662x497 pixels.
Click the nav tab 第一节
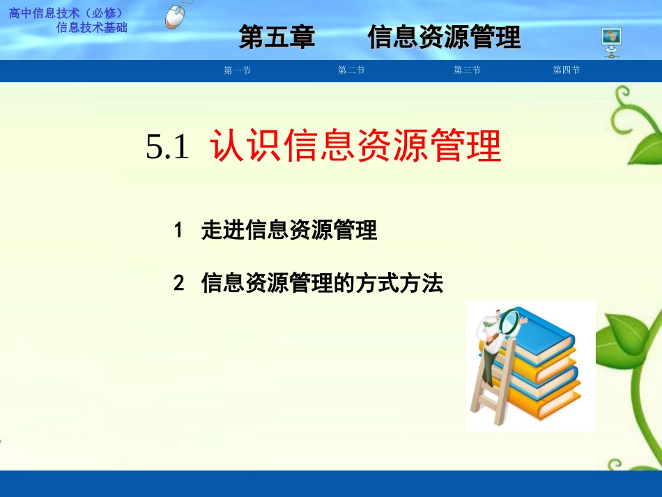tap(237, 70)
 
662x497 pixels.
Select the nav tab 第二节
tap(351, 70)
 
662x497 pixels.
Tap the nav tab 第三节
tap(467, 70)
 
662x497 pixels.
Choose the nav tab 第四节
tap(567, 70)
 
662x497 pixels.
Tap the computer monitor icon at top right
tap(611, 42)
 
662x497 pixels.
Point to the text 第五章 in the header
tap(277, 37)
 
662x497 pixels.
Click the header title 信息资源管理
tap(444, 37)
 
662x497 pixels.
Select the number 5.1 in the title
tap(168, 147)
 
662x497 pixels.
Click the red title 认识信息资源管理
tap(355, 146)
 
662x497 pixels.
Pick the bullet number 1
tap(178, 230)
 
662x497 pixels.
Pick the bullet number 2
tap(178, 284)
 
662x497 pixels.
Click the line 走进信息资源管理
tap(289, 230)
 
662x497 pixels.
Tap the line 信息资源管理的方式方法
tap(322, 284)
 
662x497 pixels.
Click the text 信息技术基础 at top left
tap(91, 27)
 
